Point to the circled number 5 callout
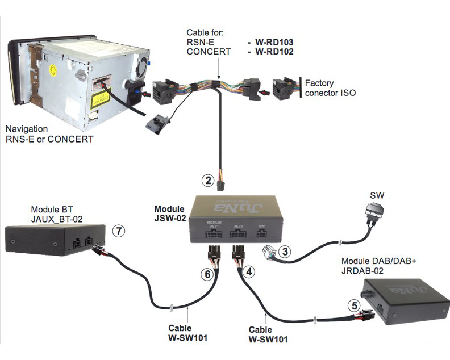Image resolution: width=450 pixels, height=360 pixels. tap(355, 305)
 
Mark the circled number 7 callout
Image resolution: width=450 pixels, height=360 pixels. tap(119, 231)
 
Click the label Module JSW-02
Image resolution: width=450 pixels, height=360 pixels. tap(170, 212)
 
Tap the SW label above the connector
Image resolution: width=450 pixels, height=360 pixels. tap(377, 195)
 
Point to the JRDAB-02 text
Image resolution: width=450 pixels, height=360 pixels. tap(364, 270)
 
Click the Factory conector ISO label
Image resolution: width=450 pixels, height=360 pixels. tap(330, 87)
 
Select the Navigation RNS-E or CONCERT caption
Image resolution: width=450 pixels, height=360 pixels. tap(48, 133)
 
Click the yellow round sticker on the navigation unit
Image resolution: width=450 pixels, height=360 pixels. tap(55, 72)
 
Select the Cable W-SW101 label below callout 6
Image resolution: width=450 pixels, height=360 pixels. tap(188, 333)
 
